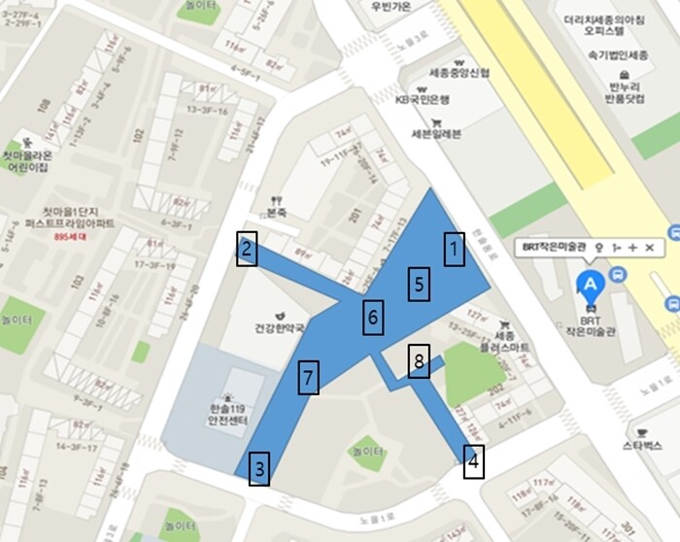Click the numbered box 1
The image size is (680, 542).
click(452, 251)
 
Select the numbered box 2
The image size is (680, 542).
click(248, 251)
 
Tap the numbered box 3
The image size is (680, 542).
click(258, 469)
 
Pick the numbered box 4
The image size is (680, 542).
click(473, 460)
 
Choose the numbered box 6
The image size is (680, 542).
click(375, 316)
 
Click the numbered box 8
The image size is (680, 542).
click(418, 360)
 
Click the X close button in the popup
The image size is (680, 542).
click(649, 248)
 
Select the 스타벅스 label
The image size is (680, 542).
click(642, 445)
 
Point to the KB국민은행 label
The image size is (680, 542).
click(423, 99)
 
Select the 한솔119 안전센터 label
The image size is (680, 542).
click(228, 415)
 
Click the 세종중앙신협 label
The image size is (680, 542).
click(459, 73)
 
